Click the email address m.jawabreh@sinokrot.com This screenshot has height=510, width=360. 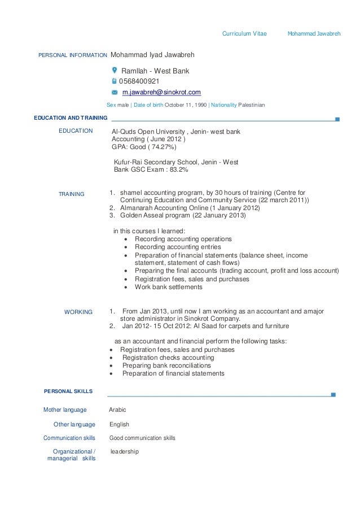(161, 92)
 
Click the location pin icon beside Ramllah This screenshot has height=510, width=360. (115, 71)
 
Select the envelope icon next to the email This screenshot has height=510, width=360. (115, 93)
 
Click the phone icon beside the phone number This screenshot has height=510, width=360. (115, 81)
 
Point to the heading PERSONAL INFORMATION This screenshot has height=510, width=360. (72, 56)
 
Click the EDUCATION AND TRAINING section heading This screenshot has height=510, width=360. (71, 118)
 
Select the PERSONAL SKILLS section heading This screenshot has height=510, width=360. (68, 391)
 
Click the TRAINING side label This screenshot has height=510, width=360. (72, 194)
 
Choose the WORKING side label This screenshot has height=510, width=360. (78, 312)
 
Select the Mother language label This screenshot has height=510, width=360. (65, 410)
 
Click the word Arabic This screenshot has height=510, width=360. (117, 410)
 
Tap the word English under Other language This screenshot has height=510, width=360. (119, 424)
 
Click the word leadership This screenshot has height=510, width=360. (124, 451)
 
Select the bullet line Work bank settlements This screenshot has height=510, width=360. (168, 287)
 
